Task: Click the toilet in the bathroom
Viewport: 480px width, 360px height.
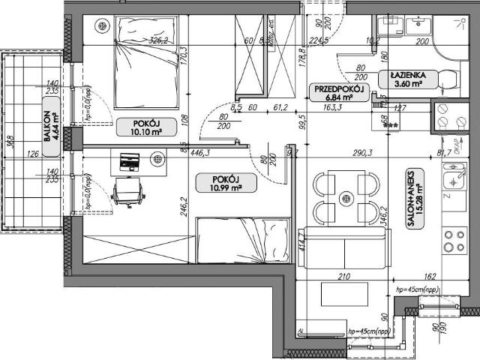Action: tap(448, 79)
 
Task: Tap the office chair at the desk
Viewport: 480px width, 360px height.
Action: tap(127, 191)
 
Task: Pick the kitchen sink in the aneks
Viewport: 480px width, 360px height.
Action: tap(454, 181)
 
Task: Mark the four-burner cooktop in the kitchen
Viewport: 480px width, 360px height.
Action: tap(454, 241)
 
